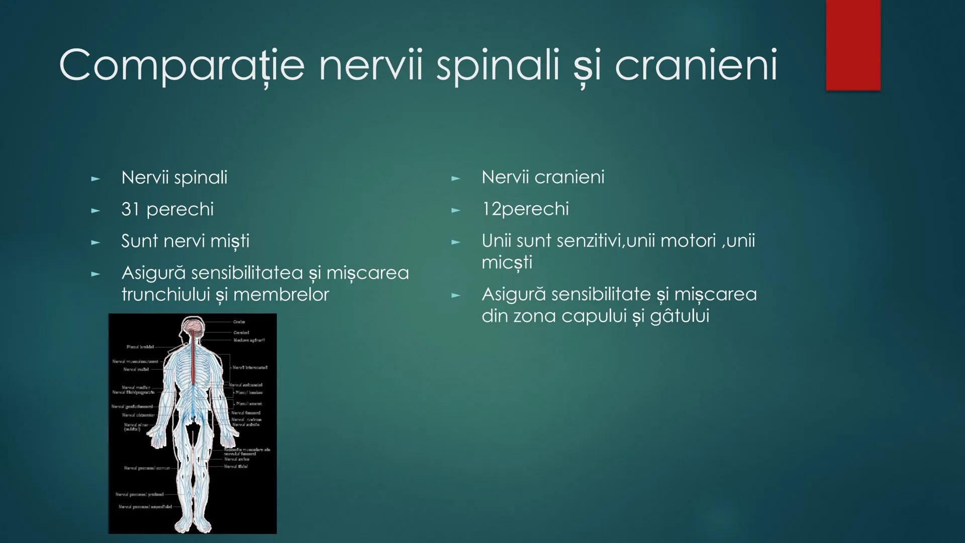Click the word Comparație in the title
pyautogui.click(x=181, y=65)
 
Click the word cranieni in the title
pyautogui.click(x=696, y=65)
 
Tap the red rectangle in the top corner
pyautogui.click(x=853, y=45)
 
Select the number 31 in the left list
pyautogui.click(x=130, y=209)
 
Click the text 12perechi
pyautogui.click(x=525, y=209)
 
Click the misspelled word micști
pyautogui.click(x=506, y=262)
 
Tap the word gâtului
pyautogui.click(x=680, y=316)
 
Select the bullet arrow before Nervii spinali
pyautogui.click(x=95, y=178)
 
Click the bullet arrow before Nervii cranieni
pyautogui.click(x=455, y=178)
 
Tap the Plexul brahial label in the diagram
pyautogui.click(x=140, y=347)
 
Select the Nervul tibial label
pyautogui.click(x=236, y=467)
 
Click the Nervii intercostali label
pyautogui.click(x=250, y=368)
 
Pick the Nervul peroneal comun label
pyautogui.click(x=147, y=468)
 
